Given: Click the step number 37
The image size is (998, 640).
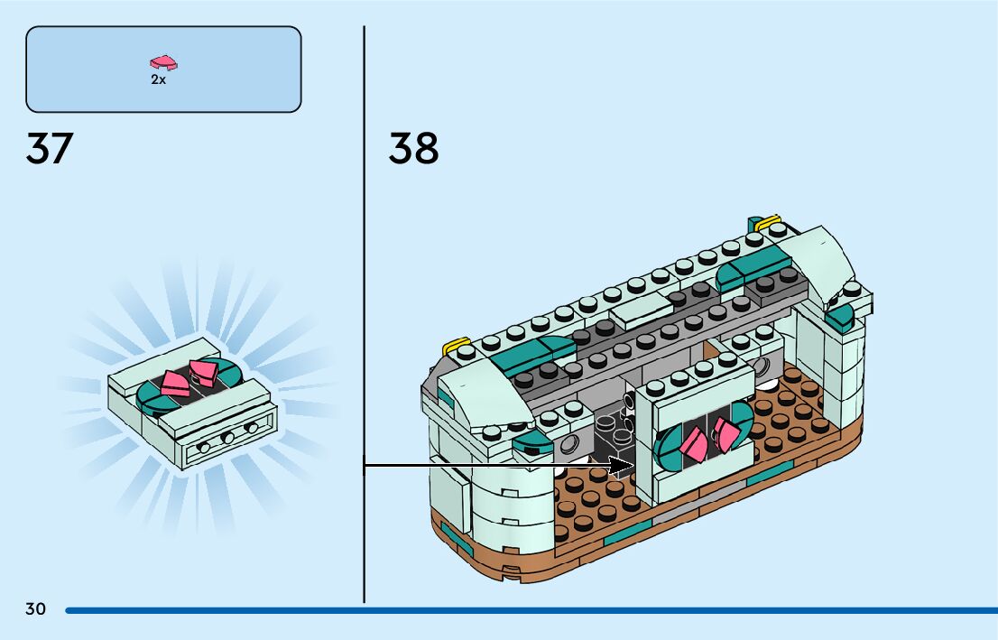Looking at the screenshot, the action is pyautogui.click(x=49, y=149).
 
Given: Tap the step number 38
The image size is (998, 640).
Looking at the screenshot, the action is pyautogui.click(x=413, y=149).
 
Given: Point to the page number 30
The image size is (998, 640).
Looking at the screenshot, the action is pyautogui.click(x=35, y=609).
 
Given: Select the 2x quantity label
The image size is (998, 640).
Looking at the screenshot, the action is pyautogui.click(x=158, y=79).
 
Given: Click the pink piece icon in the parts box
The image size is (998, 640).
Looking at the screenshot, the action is pyautogui.click(x=163, y=63).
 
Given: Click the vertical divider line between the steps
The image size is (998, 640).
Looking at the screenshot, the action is pyautogui.click(x=364, y=316).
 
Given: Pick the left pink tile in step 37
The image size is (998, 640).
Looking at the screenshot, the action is pyautogui.click(x=173, y=384).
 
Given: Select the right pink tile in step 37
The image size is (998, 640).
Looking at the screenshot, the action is pyautogui.click(x=203, y=370).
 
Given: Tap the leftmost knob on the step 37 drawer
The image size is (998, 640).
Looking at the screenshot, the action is pyautogui.click(x=207, y=445).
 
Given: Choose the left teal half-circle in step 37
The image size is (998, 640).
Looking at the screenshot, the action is pyautogui.click(x=149, y=394).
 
